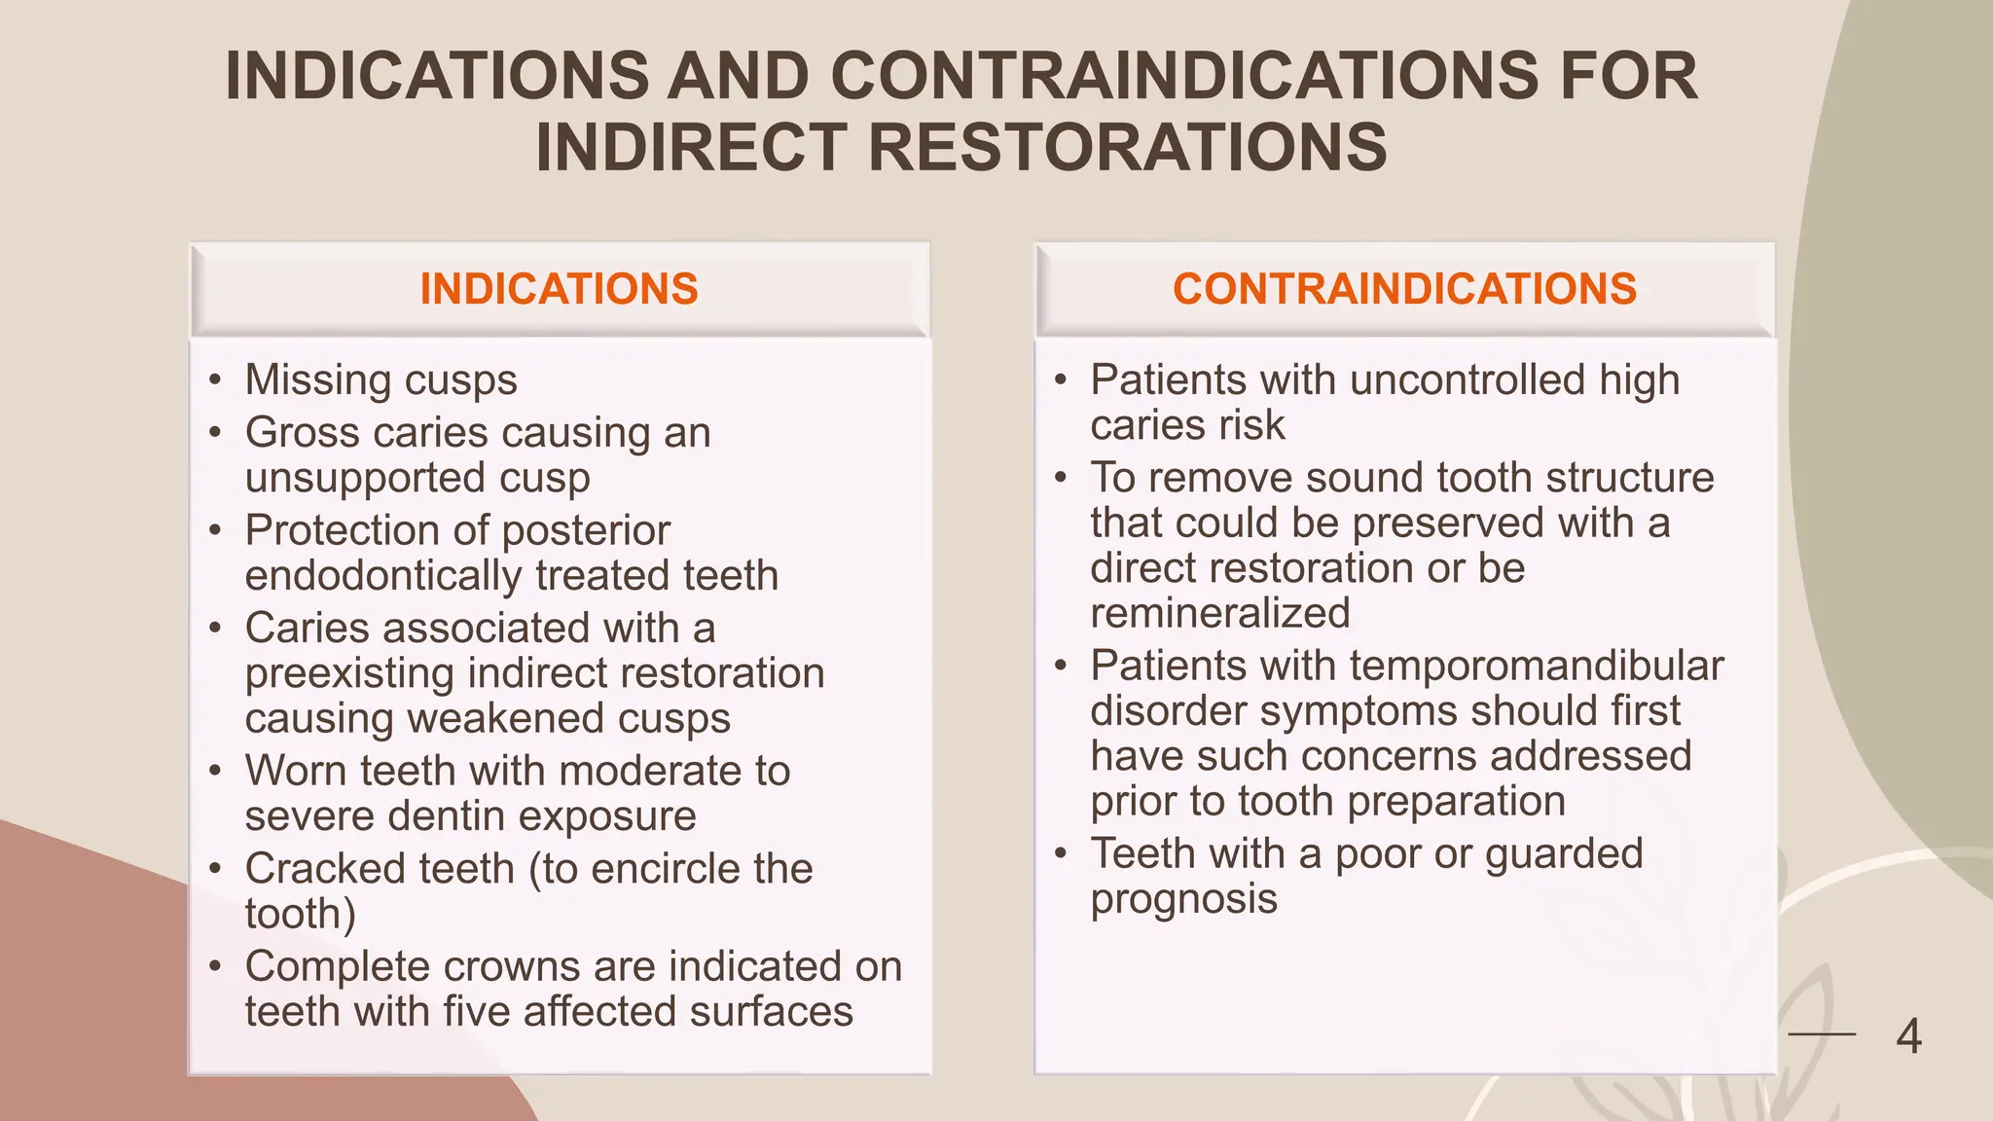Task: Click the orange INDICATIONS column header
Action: pos(559,289)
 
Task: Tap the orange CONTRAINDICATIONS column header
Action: pos(1404,289)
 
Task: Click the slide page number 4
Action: pos(1908,1036)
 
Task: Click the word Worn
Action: pos(296,771)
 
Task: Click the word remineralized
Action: pos(1220,613)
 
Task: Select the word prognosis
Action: pos(1183,899)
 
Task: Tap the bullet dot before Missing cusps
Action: pos(215,380)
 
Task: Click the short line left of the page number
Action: pos(1822,1034)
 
